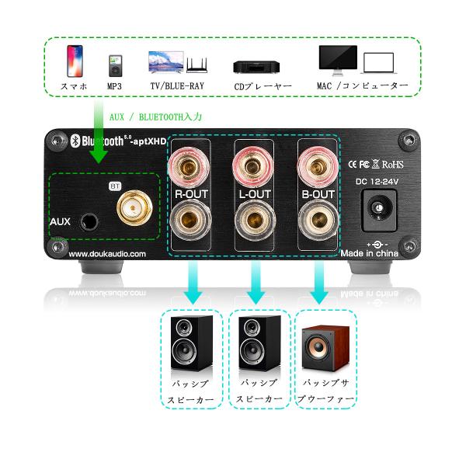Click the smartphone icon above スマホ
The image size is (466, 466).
coord(75,60)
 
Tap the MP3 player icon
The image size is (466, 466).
coord(115,64)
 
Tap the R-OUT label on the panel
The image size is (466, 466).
coord(191,194)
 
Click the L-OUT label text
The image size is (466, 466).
coord(254,194)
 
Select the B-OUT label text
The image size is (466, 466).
coord(318,194)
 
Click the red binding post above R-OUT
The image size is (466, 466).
coord(191,165)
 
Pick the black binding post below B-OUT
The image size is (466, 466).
coord(318,224)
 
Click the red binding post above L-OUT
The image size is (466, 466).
coord(254,165)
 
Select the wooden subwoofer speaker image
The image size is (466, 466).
coord(324,346)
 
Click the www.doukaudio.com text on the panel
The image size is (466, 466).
coord(106,254)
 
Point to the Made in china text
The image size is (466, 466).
coord(375,254)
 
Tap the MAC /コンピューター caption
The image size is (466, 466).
coord(362,85)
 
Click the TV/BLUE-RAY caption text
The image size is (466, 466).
coord(177,85)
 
